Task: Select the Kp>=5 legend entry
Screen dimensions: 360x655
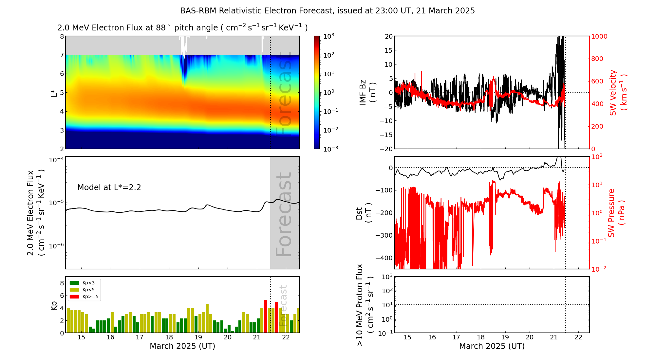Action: [x=84, y=297]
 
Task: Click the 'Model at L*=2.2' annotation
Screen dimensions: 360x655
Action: [x=109, y=188]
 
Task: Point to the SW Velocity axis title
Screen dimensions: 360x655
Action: [x=618, y=93]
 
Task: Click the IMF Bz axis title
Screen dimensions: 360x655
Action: [x=367, y=93]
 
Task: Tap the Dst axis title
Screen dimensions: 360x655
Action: [x=364, y=213]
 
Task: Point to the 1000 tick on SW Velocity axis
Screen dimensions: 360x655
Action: [x=599, y=36]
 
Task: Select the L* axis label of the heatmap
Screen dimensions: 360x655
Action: [x=54, y=93]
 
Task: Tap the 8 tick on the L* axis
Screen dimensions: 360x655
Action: [x=62, y=36]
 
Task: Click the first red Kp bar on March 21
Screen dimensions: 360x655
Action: [x=266, y=316]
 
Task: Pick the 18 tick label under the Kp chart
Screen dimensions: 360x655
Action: [x=169, y=337]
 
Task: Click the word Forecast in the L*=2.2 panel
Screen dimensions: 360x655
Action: [x=284, y=214]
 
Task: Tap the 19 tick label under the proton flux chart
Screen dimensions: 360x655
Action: [x=505, y=337]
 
